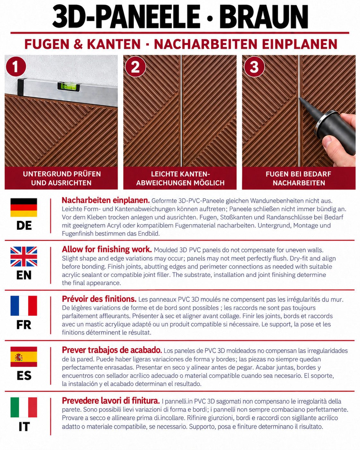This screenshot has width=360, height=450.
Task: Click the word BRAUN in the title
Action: [263, 17]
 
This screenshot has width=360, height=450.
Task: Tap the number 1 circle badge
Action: [16, 67]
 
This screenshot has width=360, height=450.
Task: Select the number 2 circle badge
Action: [135, 67]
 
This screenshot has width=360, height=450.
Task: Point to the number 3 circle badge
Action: [254, 67]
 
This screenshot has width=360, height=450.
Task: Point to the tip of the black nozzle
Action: [300, 98]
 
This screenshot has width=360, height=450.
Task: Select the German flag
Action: [24, 207]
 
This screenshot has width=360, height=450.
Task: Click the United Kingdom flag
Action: [24, 256]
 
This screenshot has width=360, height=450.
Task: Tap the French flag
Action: [24, 306]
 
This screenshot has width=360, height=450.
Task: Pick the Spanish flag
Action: [24, 357]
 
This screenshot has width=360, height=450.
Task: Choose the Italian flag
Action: [24, 407]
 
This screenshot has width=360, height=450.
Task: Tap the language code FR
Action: [24, 325]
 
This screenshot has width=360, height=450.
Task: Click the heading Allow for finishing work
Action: [107, 249]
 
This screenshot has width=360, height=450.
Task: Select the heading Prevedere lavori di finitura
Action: [111, 401]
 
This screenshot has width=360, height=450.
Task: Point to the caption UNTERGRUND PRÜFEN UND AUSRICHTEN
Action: [62, 178]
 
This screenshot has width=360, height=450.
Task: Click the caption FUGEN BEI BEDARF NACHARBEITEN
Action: [299, 178]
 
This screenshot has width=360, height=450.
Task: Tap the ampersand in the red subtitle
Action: [78, 44]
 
